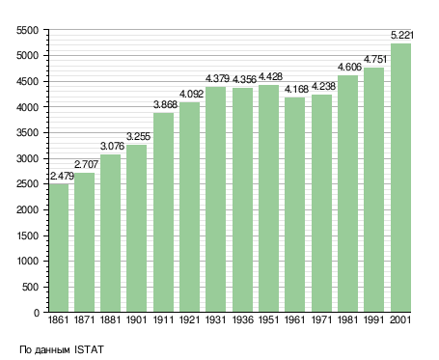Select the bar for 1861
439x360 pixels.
point(59,248)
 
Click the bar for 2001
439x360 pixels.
point(400,178)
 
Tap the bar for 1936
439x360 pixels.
point(242,200)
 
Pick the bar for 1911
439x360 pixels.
point(163,212)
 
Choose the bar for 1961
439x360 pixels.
point(294,205)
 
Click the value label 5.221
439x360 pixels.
point(402,35)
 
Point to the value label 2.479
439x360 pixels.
point(62,176)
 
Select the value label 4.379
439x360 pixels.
point(217,78)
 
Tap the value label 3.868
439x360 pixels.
point(165,104)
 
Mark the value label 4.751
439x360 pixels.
point(375,59)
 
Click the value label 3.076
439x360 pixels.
point(112,146)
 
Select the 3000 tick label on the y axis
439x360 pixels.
point(27,158)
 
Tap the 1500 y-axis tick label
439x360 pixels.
point(27,235)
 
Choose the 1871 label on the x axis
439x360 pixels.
point(84,320)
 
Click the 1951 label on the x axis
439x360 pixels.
point(268,320)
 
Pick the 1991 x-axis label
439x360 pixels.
point(374,320)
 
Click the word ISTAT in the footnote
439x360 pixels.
point(89,349)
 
